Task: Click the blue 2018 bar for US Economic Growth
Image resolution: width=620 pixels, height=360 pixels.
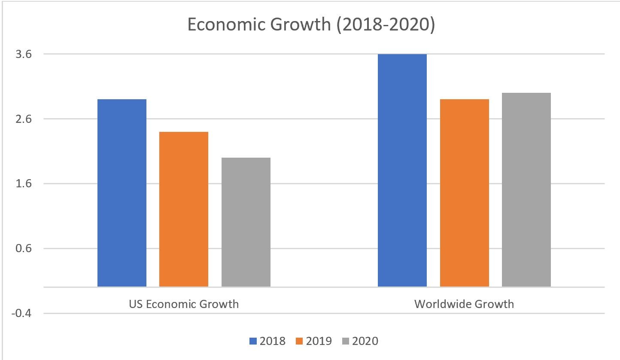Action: click(x=122, y=193)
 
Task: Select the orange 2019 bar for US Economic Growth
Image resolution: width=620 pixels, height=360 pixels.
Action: click(x=184, y=209)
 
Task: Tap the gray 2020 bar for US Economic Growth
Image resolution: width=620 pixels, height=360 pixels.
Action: click(x=246, y=222)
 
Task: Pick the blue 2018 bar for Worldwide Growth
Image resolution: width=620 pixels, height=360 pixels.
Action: click(x=402, y=170)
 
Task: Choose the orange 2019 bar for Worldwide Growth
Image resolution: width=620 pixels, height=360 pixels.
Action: click(x=465, y=193)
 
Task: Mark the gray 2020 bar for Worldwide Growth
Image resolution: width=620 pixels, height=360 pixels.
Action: click(x=526, y=189)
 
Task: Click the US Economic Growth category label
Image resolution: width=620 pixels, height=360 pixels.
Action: click(x=184, y=305)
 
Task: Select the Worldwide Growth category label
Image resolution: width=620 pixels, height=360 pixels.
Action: click(x=464, y=305)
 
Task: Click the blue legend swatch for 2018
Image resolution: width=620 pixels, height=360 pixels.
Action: click(x=253, y=342)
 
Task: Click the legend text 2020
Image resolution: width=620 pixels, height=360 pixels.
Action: click(x=365, y=342)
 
